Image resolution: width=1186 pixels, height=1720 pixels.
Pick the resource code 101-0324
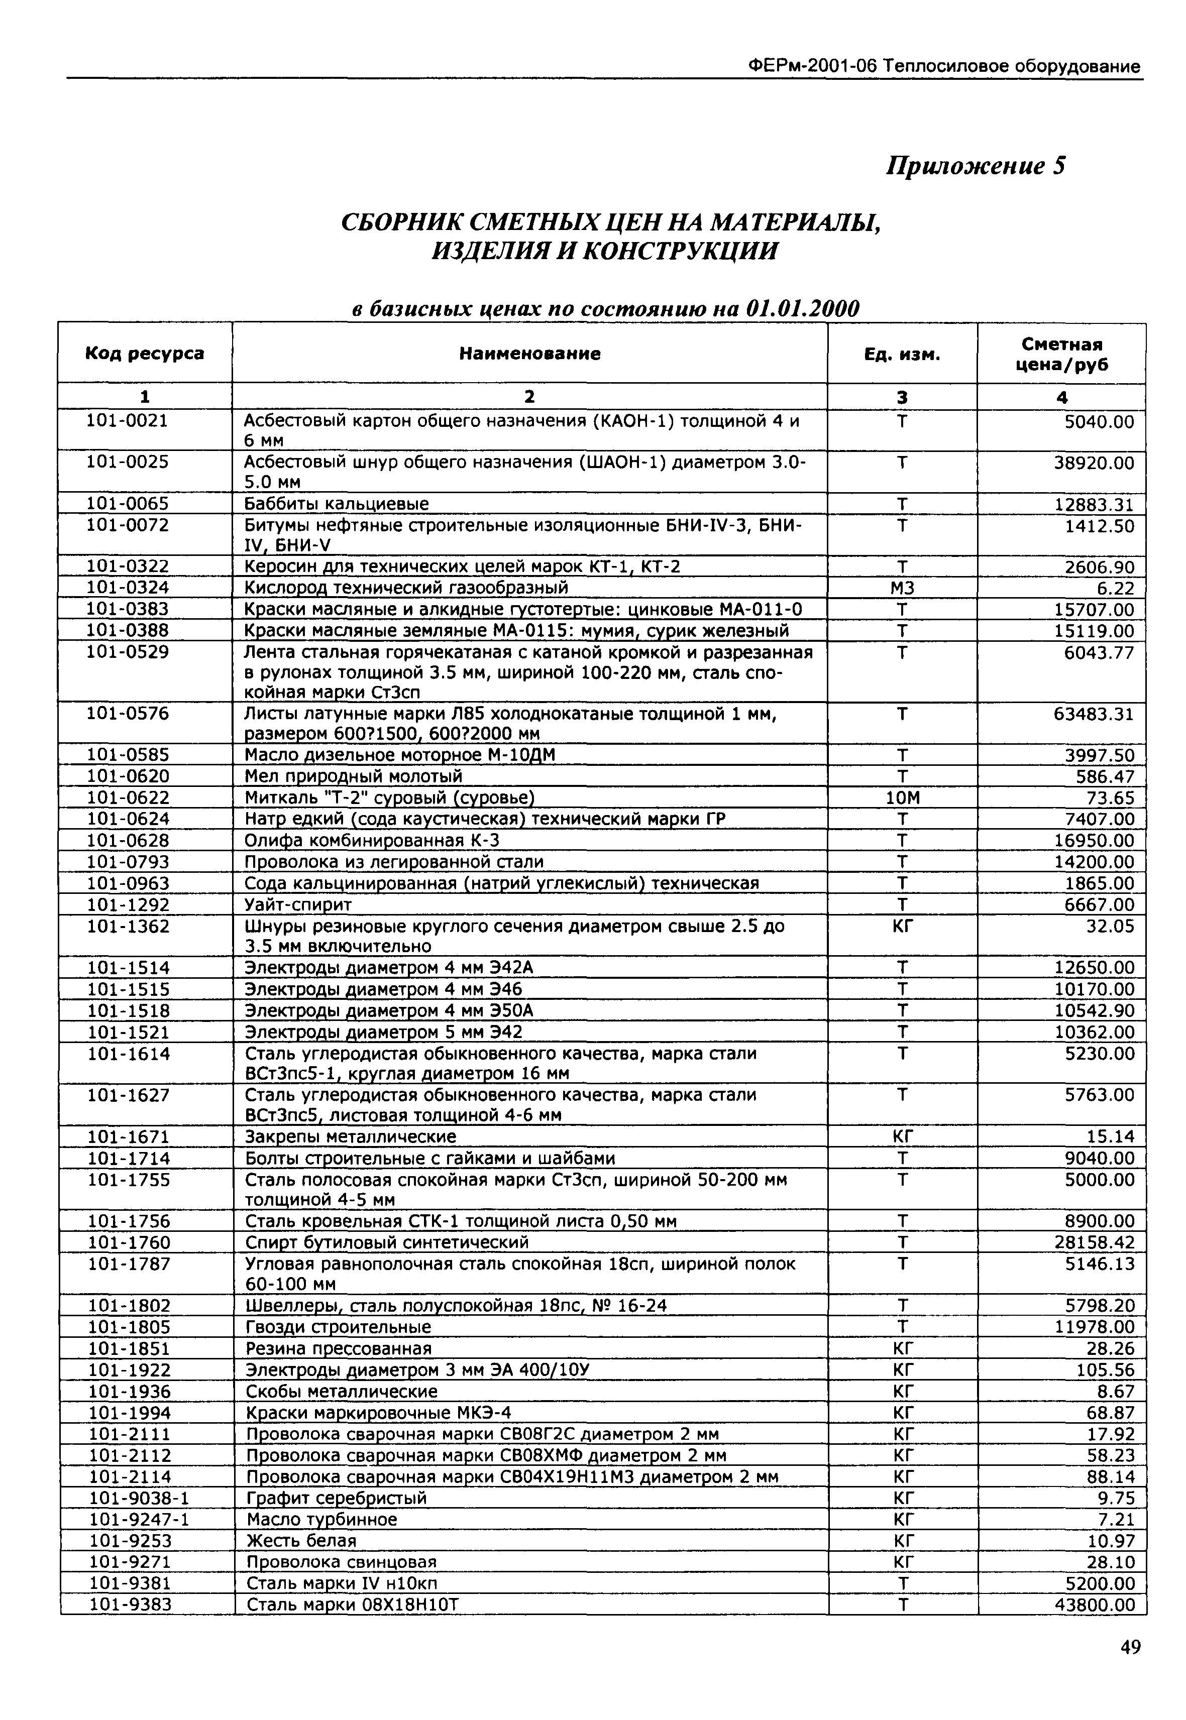[128, 588]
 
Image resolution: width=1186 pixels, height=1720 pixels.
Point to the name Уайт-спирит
[298, 905]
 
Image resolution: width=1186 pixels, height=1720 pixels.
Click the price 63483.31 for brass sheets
[1094, 715]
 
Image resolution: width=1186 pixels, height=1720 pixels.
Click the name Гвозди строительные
[338, 1327]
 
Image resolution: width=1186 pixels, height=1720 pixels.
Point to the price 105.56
[1105, 1370]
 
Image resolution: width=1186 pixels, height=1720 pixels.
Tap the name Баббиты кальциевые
[336, 504]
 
